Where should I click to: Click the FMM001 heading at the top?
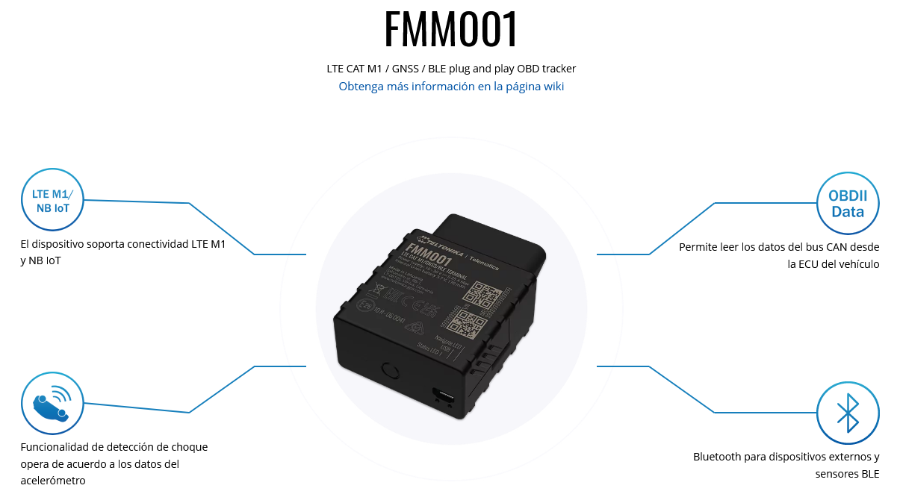450,30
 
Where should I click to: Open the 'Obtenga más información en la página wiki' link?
451,87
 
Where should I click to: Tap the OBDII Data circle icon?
847,204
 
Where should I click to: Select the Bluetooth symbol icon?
847,413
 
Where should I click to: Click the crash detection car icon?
52,403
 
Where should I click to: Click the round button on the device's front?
388,371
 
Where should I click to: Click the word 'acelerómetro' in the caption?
53,481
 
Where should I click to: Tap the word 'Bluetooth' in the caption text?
717,457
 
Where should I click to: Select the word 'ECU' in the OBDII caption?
812,264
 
